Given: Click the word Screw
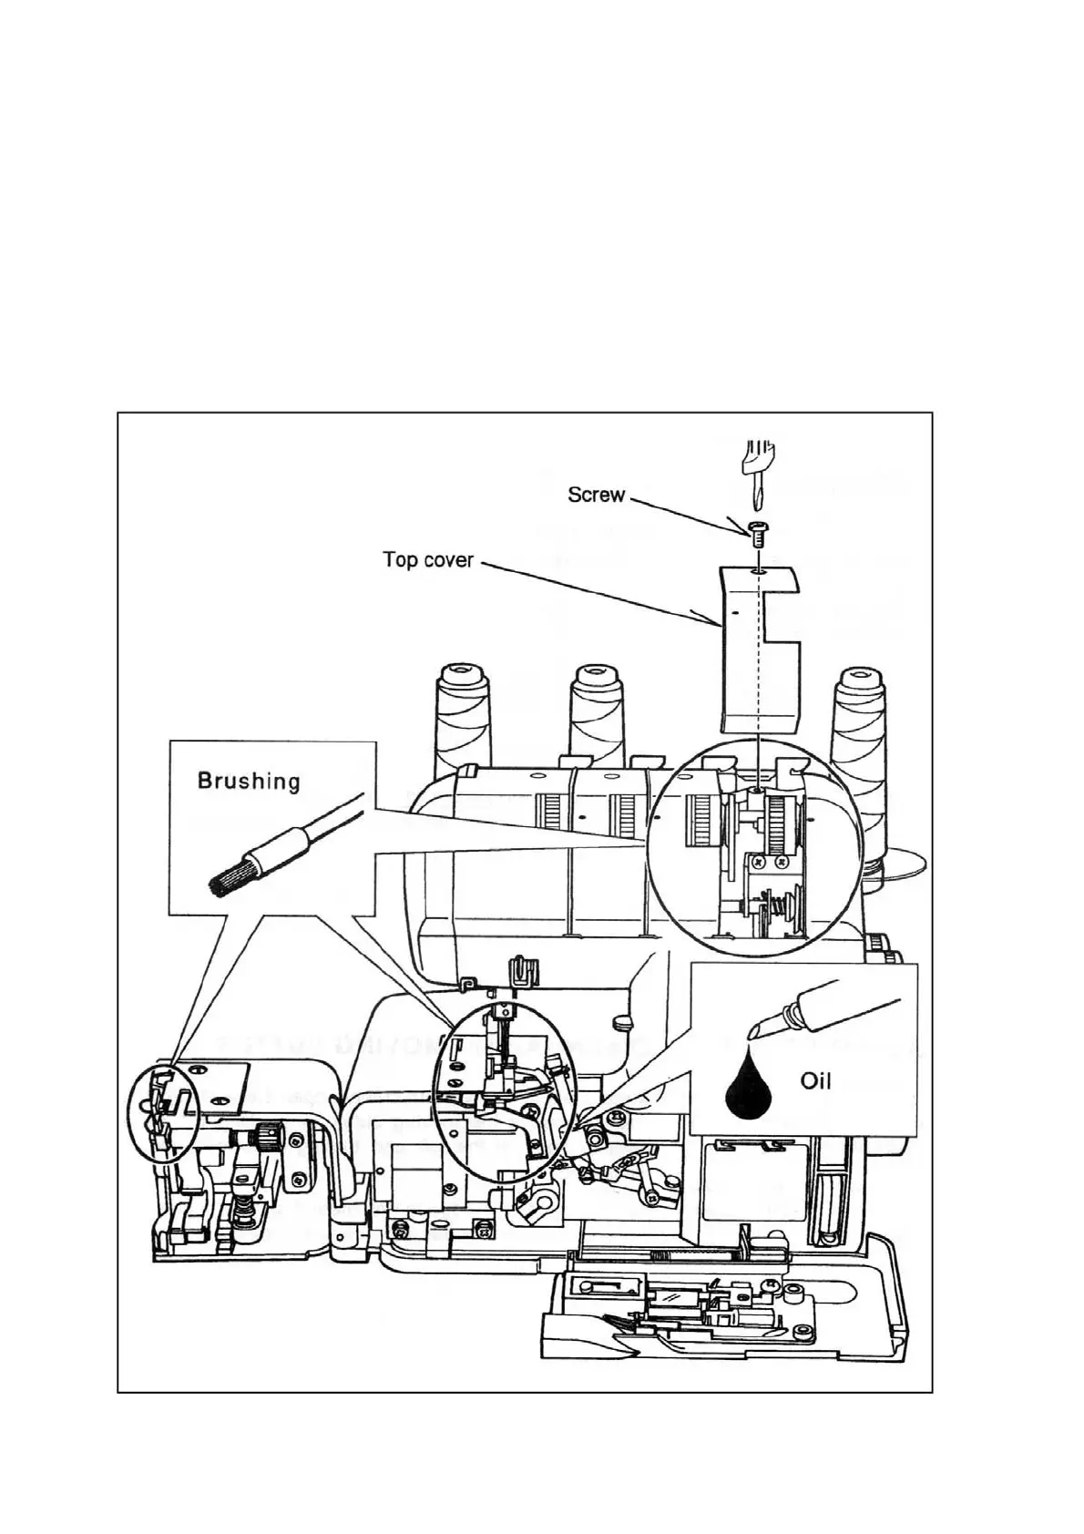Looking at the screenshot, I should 596,495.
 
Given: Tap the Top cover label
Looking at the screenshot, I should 427,559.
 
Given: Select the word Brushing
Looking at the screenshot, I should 248,781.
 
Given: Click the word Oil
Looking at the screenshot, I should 815,1081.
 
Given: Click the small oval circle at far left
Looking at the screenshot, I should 161,1112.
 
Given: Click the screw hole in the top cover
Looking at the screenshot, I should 758,573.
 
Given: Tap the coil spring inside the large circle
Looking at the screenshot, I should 773,907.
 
